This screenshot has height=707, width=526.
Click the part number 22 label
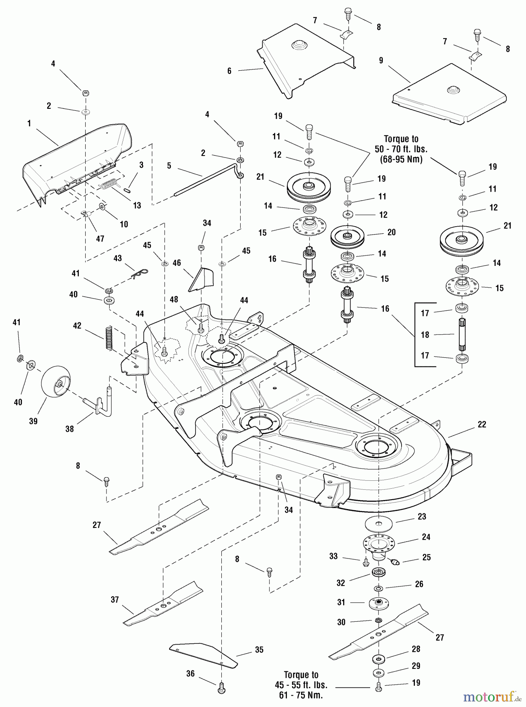pyautogui.click(x=482, y=424)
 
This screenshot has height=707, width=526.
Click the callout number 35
pyautogui.click(x=259, y=650)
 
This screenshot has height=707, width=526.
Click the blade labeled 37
pyautogui.click(x=163, y=603)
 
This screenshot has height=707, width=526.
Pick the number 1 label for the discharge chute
pyautogui.click(x=29, y=123)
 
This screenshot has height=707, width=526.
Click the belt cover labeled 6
pyautogui.click(x=306, y=61)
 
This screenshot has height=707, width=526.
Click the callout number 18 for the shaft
pyautogui.click(x=426, y=335)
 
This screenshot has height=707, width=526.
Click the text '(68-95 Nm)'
pyautogui.click(x=401, y=159)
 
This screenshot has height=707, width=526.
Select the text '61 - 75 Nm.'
pyautogui.click(x=301, y=695)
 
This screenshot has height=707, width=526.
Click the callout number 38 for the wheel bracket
pyautogui.click(x=69, y=429)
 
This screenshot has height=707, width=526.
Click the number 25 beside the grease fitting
pyautogui.click(x=426, y=557)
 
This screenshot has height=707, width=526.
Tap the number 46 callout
pyautogui.click(x=177, y=263)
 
